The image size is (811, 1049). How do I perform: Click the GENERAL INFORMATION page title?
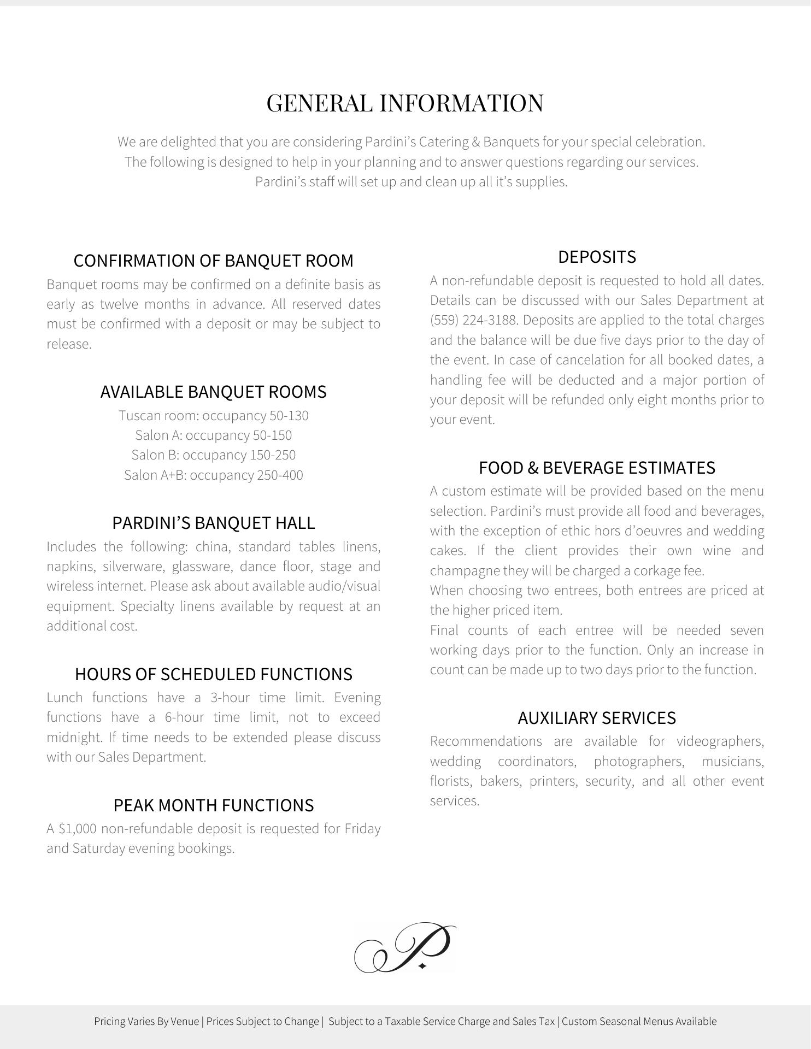coord(405,103)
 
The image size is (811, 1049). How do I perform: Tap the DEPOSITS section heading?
coord(597,257)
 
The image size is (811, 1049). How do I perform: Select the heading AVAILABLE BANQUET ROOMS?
coord(213,392)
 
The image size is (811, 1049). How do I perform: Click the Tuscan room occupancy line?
coord(213,416)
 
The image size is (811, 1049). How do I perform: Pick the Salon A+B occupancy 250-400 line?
coord(213,475)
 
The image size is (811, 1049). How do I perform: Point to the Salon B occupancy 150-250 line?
coord(213,455)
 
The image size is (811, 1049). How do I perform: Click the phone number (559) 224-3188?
coord(474,320)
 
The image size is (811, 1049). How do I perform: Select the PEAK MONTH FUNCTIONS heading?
coord(213,805)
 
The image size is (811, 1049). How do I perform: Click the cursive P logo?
coord(405,948)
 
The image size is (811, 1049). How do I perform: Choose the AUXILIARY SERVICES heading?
coord(597,718)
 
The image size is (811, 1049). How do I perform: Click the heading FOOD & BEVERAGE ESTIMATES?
coord(597,468)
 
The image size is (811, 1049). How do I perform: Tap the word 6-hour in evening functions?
coord(184,717)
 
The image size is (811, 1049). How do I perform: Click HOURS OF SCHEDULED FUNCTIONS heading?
coord(213,674)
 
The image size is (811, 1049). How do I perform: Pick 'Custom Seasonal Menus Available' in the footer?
coord(639,1021)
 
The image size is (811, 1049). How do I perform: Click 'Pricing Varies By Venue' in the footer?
coord(146,1021)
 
